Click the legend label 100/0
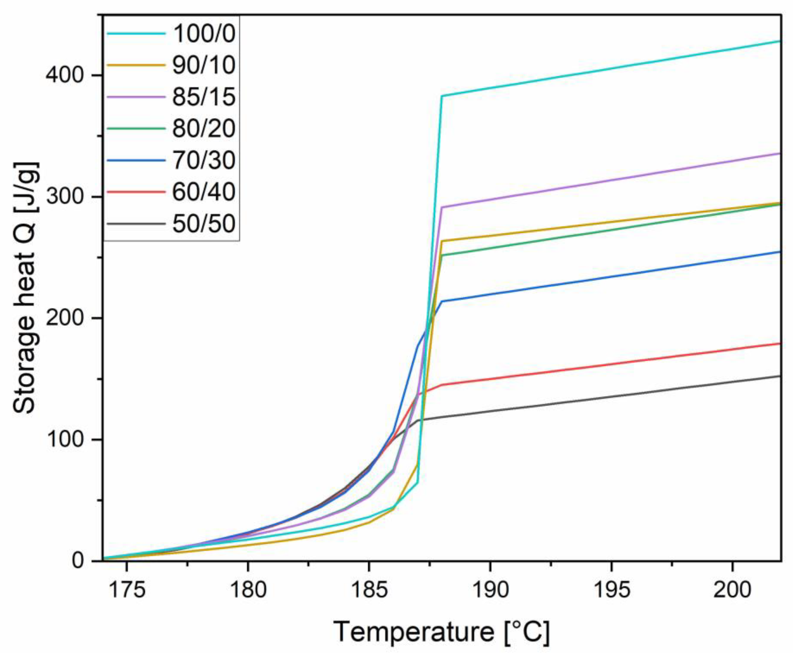tap(204, 33)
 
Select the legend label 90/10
tap(204, 65)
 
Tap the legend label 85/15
tap(204, 97)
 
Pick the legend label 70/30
tap(204, 160)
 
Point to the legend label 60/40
tap(204, 192)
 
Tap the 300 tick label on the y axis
tap(64, 197)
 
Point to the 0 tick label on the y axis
tap(77, 561)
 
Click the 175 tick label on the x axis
tap(127, 590)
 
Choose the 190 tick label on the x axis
tap(490, 590)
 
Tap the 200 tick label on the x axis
tap(732, 590)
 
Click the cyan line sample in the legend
tap(136, 33)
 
